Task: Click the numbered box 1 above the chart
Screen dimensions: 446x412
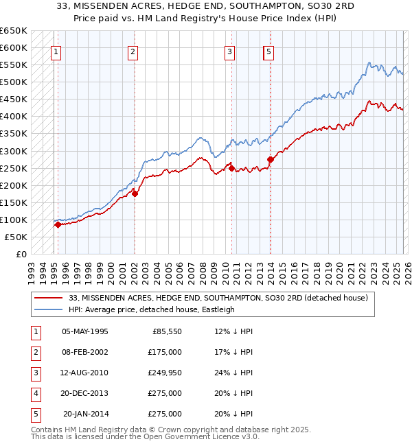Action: (x=55, y=51)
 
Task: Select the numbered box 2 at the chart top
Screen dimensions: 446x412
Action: (x=133, y=51)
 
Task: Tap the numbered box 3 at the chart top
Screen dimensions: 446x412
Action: (x=229, y=51)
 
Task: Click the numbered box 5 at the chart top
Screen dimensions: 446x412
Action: (x=269, y=51)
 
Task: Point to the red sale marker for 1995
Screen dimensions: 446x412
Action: (x=58, y=224)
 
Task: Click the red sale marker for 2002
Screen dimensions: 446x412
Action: (x=135, y=193)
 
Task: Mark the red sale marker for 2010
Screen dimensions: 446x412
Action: (x=231, y=167)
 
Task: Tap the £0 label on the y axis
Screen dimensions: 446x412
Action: (x=21, y=254)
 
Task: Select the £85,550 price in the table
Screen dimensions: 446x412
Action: (x=164, y=331)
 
